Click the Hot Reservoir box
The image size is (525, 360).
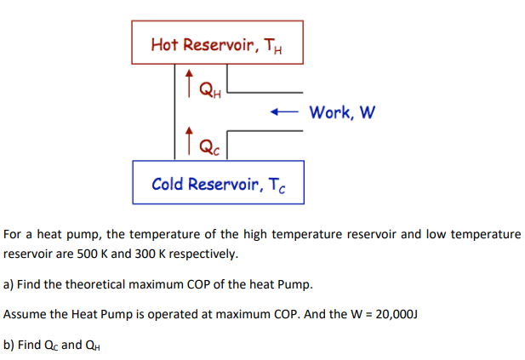217,43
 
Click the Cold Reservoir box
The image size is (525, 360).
218,183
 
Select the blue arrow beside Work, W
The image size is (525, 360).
284,111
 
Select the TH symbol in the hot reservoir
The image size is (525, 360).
269,46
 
